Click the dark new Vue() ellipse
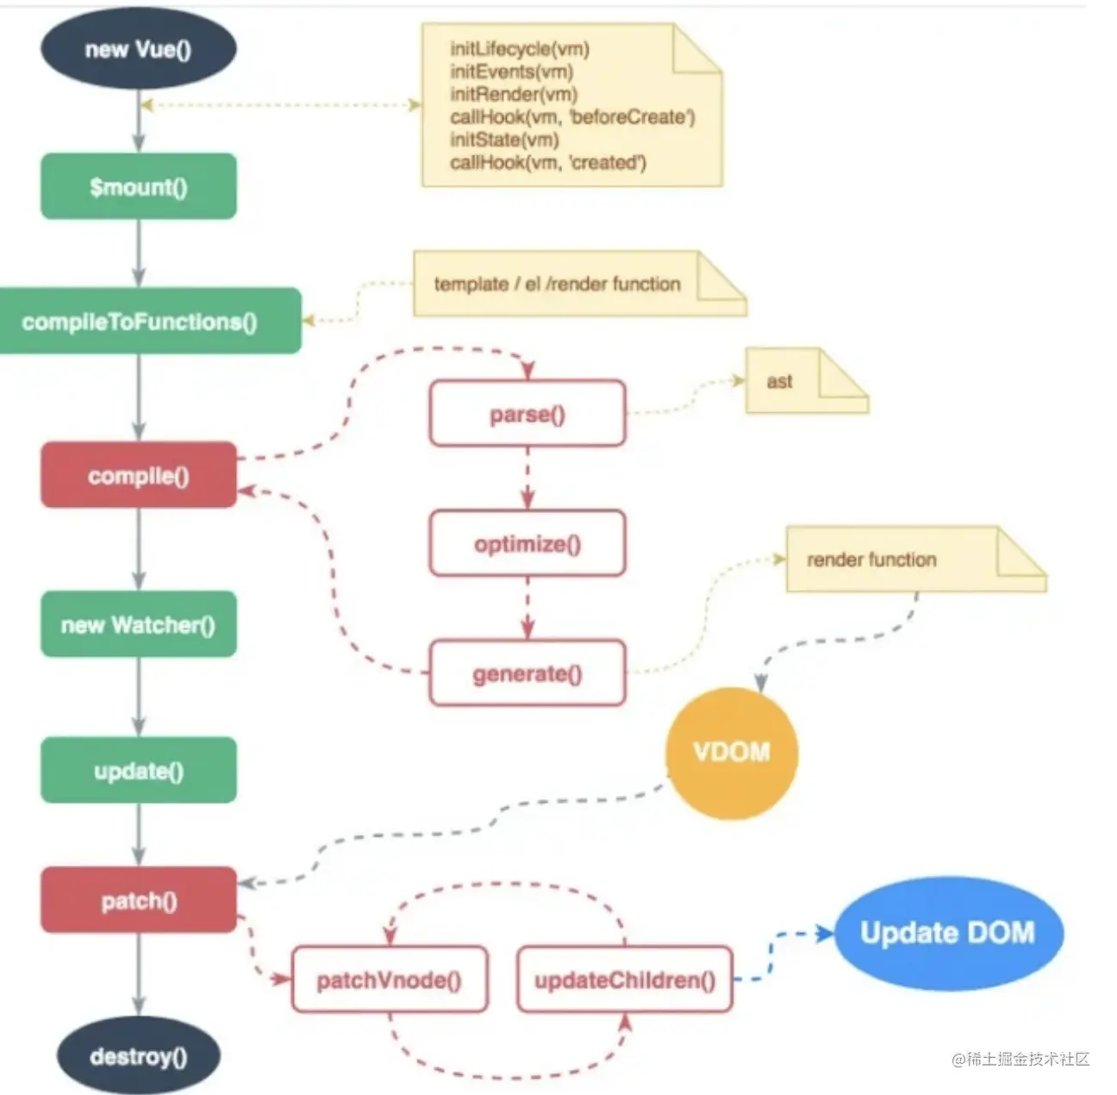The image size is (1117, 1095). (139, 49)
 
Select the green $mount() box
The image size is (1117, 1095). (139, 186)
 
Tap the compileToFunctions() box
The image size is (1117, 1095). (150, 321)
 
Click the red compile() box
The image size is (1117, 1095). (139, 475)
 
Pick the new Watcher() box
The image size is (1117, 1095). (139, 624)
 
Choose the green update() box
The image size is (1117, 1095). (139, 770)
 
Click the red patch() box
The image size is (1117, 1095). (139, 900)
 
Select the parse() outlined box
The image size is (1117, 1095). (527, 414)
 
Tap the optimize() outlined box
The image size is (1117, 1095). (527, 543)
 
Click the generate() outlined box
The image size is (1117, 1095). (527, 673)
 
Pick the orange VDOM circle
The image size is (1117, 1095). (732, 753)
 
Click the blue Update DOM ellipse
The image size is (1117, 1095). (949, 933)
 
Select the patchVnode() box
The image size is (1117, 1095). (390, 979)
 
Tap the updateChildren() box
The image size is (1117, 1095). (625, 979)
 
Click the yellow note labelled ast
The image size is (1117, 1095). (807, 380)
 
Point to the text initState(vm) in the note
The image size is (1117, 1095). (504, 140)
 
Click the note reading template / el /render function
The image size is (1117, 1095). (580, 284)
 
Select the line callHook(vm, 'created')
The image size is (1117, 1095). (548, 162)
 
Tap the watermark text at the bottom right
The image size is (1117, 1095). (1020, 1059)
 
